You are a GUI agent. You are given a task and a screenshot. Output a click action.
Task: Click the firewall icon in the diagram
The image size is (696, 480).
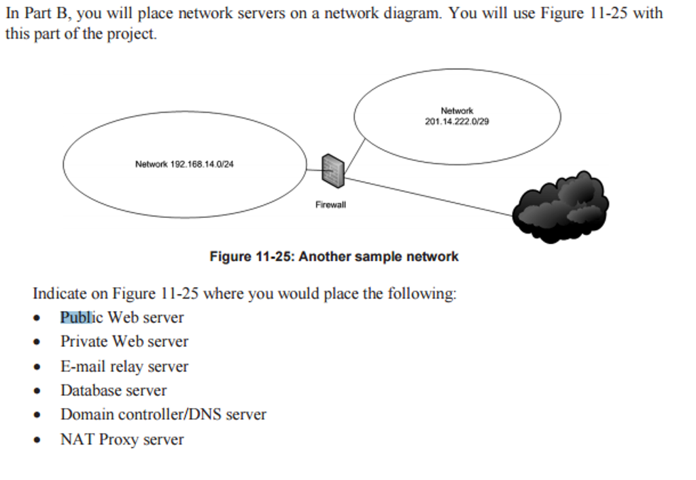tap(333, 170)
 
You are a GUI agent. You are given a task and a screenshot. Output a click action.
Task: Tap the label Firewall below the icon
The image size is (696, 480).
tap(330, 204)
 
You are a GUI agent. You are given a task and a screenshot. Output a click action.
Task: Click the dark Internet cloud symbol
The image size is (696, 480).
tap(561, 207)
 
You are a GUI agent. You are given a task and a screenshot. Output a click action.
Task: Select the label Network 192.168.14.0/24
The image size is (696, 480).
tap(184, 164)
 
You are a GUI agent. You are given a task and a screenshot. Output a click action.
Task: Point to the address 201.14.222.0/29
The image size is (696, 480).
tap(457, 122)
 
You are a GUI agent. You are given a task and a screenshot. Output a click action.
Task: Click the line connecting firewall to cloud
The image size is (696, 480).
tap(428, 197)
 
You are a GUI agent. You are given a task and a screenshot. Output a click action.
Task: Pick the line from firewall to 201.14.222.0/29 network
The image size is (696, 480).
tap(355, 155)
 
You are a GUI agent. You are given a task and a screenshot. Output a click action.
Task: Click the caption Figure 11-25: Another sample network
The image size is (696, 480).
tap(334, 257)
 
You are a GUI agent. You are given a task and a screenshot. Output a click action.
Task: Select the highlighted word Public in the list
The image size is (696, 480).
tap(76, 317)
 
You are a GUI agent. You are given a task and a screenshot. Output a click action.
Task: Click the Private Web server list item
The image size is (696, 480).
tap(124, 341)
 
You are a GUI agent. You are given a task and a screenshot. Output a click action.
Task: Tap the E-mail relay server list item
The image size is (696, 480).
tap(124, 367)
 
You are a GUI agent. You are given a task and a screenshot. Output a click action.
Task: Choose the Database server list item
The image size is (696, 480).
tap(114, 390)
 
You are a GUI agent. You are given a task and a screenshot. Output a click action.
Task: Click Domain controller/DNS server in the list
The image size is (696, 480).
tap(163, 414)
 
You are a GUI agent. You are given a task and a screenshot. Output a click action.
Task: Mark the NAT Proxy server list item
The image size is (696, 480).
tap(122, 439)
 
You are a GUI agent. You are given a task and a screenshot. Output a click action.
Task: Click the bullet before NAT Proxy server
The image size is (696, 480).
tap(37, 441)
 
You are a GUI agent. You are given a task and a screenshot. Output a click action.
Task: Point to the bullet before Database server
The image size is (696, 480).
tap(37, 392)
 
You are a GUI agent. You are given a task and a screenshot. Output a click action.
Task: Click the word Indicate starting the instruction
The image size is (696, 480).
tap(60, 294)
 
